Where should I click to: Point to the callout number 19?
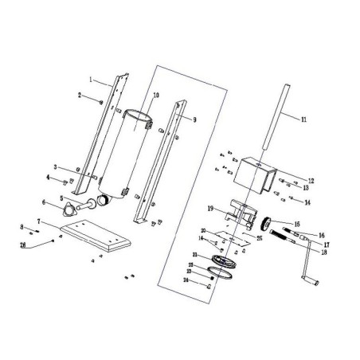click(x=210, y=208)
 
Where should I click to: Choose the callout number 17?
click(x=326, y=243)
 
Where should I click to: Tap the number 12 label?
click(x=311, y=180)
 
